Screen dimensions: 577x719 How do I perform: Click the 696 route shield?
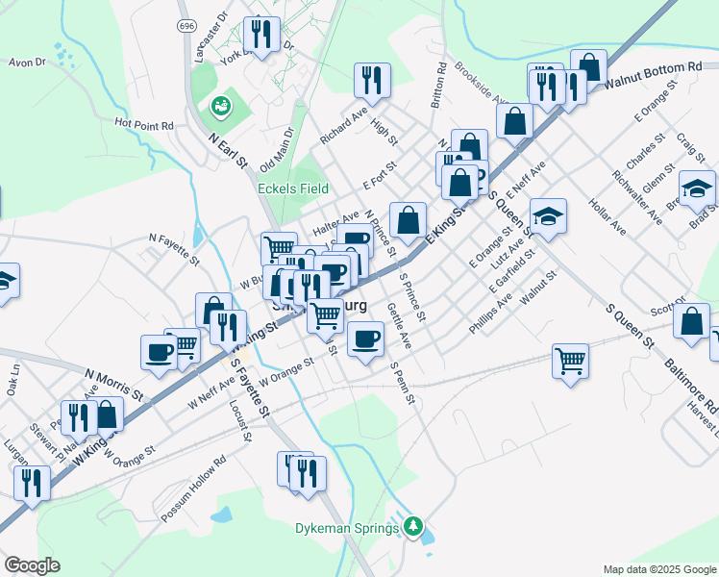tap(186, 27)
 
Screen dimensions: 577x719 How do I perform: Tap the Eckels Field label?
tap(293, 188)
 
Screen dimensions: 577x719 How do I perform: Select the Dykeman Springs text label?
tap(347, 528)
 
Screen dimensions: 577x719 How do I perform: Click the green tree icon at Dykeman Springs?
tap(413, 526)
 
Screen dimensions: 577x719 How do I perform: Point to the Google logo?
tap(32, 565)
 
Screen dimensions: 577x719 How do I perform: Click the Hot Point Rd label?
tap(143, 124)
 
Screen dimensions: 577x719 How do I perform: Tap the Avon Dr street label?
tap(27, 63)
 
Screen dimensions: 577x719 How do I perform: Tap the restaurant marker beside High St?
tap(371, 82)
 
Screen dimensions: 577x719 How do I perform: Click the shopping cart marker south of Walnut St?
tap(570, 363)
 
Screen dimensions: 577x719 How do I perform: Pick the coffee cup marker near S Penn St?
tap(365, 339)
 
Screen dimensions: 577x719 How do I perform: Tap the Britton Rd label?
tap(437, 85)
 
